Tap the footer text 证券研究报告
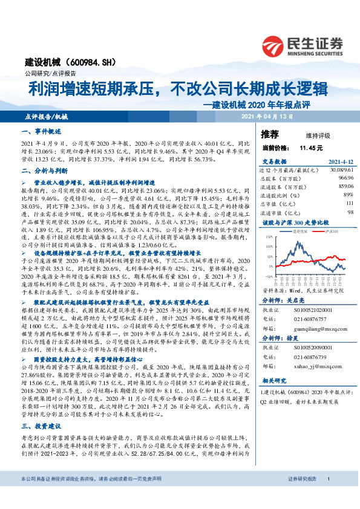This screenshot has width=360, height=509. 301,496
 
